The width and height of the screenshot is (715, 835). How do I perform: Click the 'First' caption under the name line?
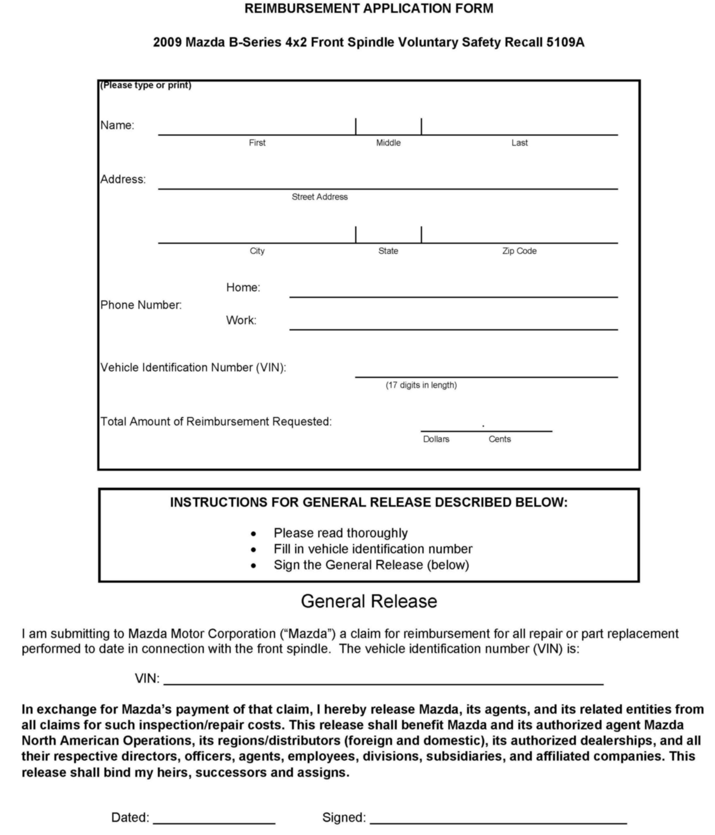point(257,143)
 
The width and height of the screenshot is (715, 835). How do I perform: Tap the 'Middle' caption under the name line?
point(388,143)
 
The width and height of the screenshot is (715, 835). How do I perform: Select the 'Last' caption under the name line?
point(519,143)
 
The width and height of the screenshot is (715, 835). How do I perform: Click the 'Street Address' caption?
point(320,197)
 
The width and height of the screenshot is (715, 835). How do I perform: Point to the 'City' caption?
point(257,251)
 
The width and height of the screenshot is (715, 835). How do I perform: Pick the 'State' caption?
point(388,251)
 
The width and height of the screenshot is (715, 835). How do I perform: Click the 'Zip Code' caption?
point(519,251)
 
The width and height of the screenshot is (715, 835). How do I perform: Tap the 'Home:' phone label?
point(243,287)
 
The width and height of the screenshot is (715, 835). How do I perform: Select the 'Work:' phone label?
point(241,320)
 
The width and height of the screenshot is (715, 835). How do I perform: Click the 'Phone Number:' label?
point(141,305)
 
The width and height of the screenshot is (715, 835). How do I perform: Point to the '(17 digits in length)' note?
point(421,385)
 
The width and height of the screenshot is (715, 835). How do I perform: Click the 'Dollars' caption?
point(436,439)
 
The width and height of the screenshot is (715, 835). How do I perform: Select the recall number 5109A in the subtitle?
point(565,42)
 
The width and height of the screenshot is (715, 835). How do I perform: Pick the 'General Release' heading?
point(369,601)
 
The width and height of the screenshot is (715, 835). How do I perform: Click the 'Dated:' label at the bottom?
point(130,817)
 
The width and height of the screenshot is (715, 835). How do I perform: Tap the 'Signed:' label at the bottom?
point(344,817)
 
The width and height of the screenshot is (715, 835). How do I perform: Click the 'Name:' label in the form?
point(117,125)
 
